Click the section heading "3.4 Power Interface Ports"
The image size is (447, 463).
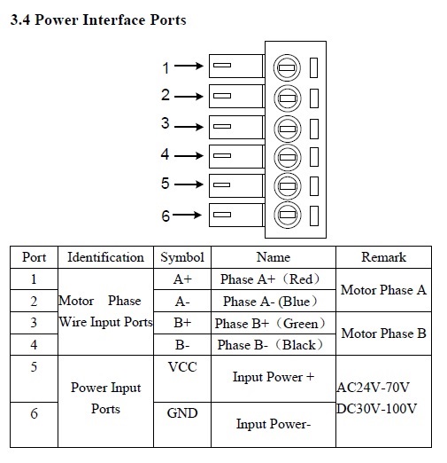coord(98,20)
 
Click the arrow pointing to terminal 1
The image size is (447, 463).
coord(189,66)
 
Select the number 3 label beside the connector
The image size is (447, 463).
coord(166,122)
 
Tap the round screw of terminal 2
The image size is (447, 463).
coord(288,98)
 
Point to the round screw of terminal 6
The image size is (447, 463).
coord(288,215)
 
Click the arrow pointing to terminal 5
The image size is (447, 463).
coord(189,184)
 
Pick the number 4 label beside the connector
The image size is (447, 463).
coord(165,154)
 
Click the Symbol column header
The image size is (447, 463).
coord(182,257)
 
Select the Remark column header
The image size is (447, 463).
coord(383,257)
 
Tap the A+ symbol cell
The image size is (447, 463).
coord(182,279)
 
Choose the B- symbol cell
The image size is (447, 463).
coord(182,345)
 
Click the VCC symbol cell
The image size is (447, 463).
coord(182,367)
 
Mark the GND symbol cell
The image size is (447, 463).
coord(182,413)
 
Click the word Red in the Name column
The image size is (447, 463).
coord(301,279)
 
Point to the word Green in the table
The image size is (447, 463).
coord(301,324)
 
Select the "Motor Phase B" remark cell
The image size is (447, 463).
coord(383,334)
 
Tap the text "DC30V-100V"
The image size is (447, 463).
coord(377,409)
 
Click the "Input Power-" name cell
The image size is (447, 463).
coord(274,424)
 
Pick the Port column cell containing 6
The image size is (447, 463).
coord(34,413)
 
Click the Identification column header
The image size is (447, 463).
coord(105,257)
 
